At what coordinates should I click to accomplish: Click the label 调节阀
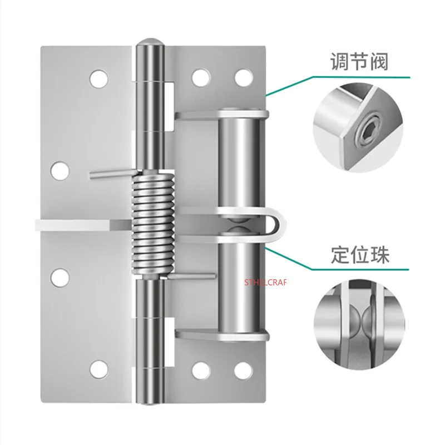click(359, 61)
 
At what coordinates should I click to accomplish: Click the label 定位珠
click(360, 255)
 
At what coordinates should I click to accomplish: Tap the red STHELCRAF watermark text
click(266, 283)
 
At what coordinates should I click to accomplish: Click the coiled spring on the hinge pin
click(153, 225)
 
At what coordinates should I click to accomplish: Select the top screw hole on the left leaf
click(99, 78)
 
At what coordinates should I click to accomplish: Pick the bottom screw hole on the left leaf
click(99, 369)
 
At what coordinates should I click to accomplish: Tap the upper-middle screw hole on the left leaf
click(60, 171)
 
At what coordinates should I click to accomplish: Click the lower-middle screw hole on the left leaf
click(60, 277)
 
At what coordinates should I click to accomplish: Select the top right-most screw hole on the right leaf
click(244, 78)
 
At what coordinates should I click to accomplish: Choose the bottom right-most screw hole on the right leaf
click(244, 370)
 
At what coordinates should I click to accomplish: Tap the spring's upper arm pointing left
click(111, 174)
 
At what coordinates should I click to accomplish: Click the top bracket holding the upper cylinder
click(221, 115)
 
